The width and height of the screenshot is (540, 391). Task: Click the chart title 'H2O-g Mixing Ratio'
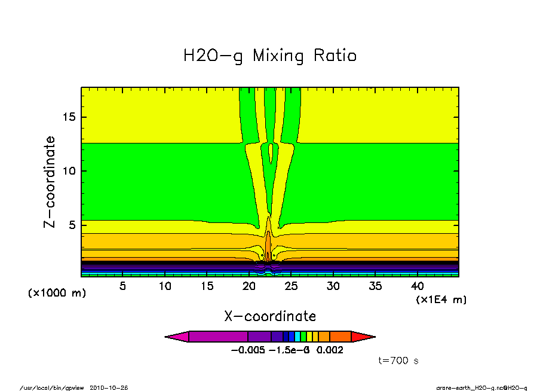pyautogui.click(x=270, y=56)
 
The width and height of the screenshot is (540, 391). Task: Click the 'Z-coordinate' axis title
pyautogui.click(x=50, y=182)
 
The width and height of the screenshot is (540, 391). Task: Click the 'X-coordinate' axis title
pyautogui.click(x=270, y=316)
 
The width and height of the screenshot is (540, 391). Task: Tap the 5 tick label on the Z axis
pyautogui.click(x=72, y=225)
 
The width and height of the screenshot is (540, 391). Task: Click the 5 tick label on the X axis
pyautogui.click(x=123, y=286)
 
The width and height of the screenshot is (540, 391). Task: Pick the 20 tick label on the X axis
pyautogui.click(x=249, y=286)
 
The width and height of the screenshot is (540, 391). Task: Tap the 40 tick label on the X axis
pyautogui.click(x=417, y=286)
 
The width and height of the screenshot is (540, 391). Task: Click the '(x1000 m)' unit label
pyautogui.click(x=57, y=293)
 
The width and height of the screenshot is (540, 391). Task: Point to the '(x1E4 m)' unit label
pyautogui.click(x=441, y=299)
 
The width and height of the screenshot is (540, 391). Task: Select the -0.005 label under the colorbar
pyautogui.click(x=247, y=350)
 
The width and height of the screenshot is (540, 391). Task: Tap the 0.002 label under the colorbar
pyautogui.click(x=330, y=350)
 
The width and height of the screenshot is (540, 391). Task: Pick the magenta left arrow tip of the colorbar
pyautogui.click(x=176, y=337)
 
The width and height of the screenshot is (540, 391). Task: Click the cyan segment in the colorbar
pyautogui.click(x=297, y=337)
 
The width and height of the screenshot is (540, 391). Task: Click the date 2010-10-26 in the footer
pyautogui.click(x=109, y=387)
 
